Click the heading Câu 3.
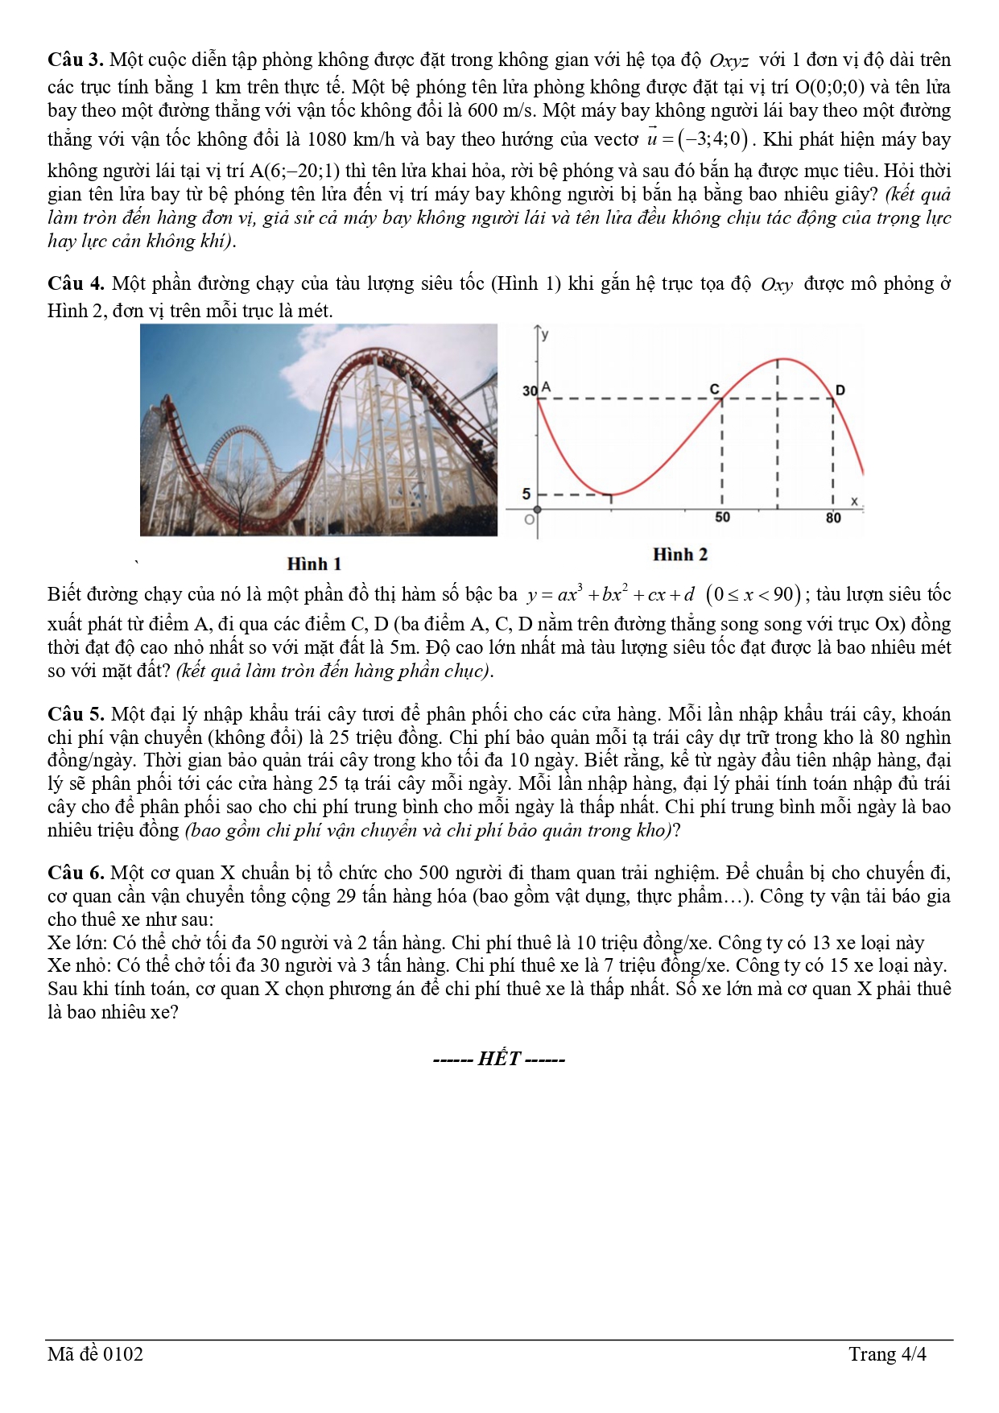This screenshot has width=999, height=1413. click(76, 60)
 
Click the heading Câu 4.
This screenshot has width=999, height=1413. click(76, 283)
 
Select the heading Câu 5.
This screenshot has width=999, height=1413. click(76, 714)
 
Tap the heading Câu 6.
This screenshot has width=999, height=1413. click(76, 873)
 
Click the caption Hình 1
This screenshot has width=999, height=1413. click(314, 564)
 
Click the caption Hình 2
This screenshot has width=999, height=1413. click(679, 554)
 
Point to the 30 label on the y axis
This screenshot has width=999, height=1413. click(529, 391)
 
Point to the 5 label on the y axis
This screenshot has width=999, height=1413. click(526, 494)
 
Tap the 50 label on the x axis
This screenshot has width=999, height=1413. click(722, 518)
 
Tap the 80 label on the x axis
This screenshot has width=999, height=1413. click(833, 518)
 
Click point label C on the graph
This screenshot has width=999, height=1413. click(714, 390)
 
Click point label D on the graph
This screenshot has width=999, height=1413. click(840, 390)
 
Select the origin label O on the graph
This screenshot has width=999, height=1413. click(529, 520)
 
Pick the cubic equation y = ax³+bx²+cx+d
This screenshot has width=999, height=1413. click(610, 595)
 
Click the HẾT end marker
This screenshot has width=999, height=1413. click(499, 1059)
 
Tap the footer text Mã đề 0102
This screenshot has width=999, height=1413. click(95, 1354)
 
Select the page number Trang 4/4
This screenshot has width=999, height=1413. click(887, 1354)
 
